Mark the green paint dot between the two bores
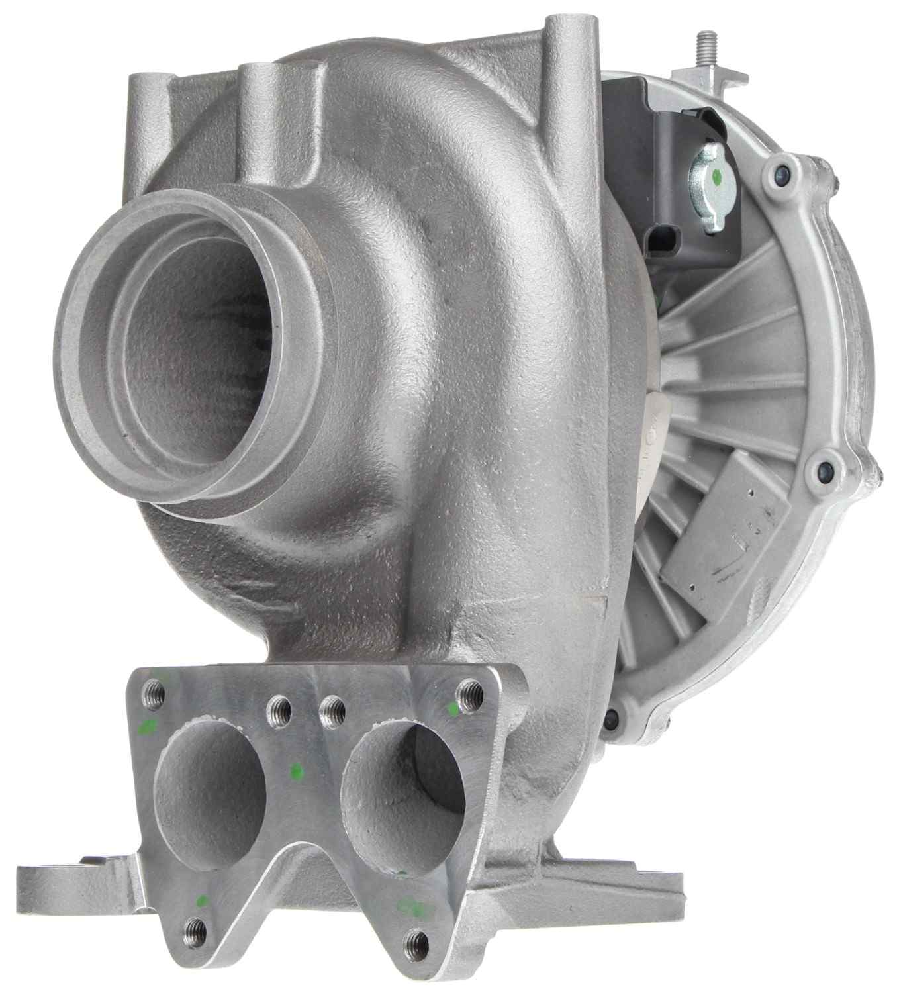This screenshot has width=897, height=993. [296, 770]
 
